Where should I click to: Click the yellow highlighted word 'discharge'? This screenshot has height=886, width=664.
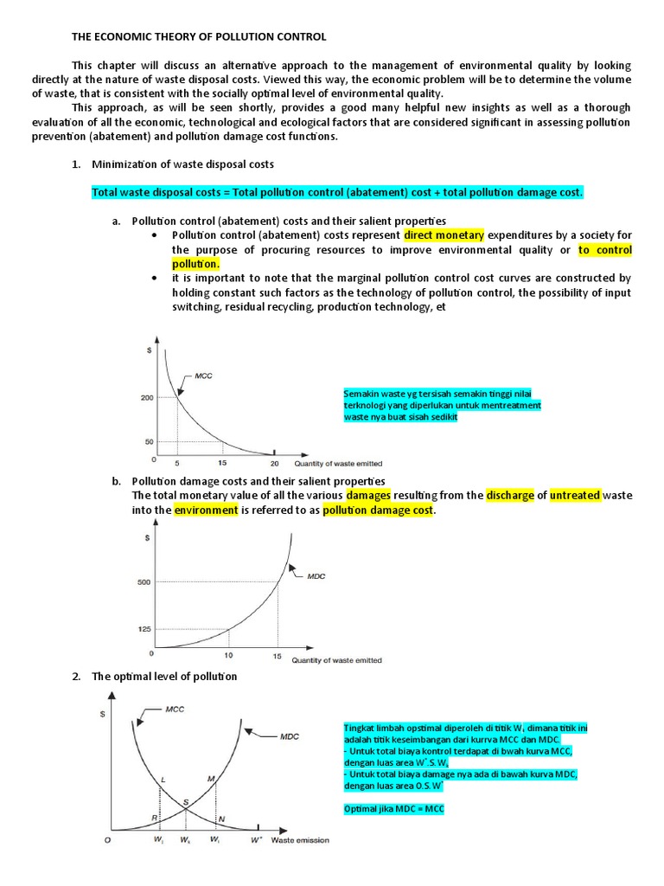[x=510, y=496]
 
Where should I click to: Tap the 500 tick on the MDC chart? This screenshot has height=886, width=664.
[x=144, y=581]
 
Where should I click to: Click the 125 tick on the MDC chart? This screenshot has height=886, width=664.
[x=144, y=630]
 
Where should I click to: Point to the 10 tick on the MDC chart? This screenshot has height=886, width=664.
[x=229, y=657]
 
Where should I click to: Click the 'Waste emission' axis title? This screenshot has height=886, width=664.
[x=299, y=840]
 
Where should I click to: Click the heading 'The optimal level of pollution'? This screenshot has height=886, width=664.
[x=164, y=676]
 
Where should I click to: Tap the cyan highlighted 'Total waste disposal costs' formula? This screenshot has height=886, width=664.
[x=337, y=192]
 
